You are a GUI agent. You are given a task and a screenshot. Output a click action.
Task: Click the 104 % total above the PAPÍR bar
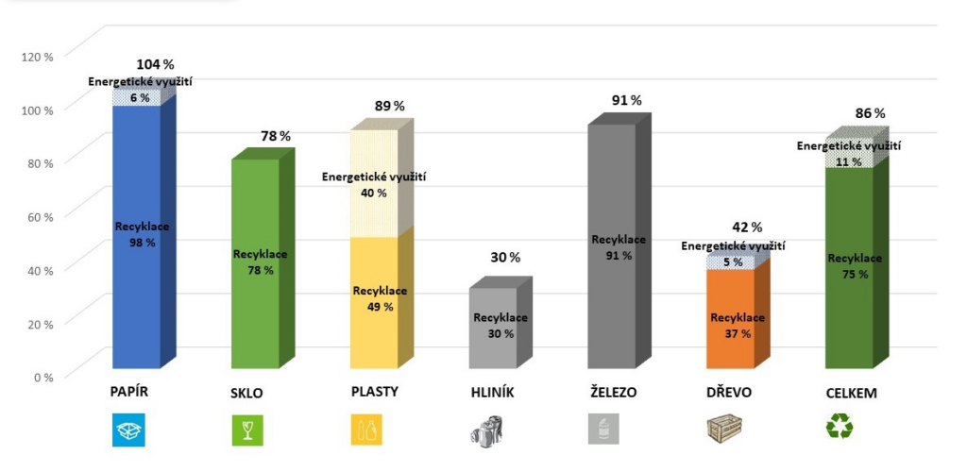[155, 65]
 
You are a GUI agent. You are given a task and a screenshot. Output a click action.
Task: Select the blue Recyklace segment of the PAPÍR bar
[136, 264]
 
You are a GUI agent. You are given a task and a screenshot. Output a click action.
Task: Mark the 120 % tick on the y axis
[37, 56]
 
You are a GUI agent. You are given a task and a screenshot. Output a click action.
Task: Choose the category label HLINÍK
[493, 392]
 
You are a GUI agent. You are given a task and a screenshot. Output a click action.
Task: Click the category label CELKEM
[851, 393]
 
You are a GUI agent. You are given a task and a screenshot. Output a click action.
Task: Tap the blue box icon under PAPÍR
[129, 430]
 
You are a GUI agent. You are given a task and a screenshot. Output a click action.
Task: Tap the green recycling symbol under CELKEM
[839, 430]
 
